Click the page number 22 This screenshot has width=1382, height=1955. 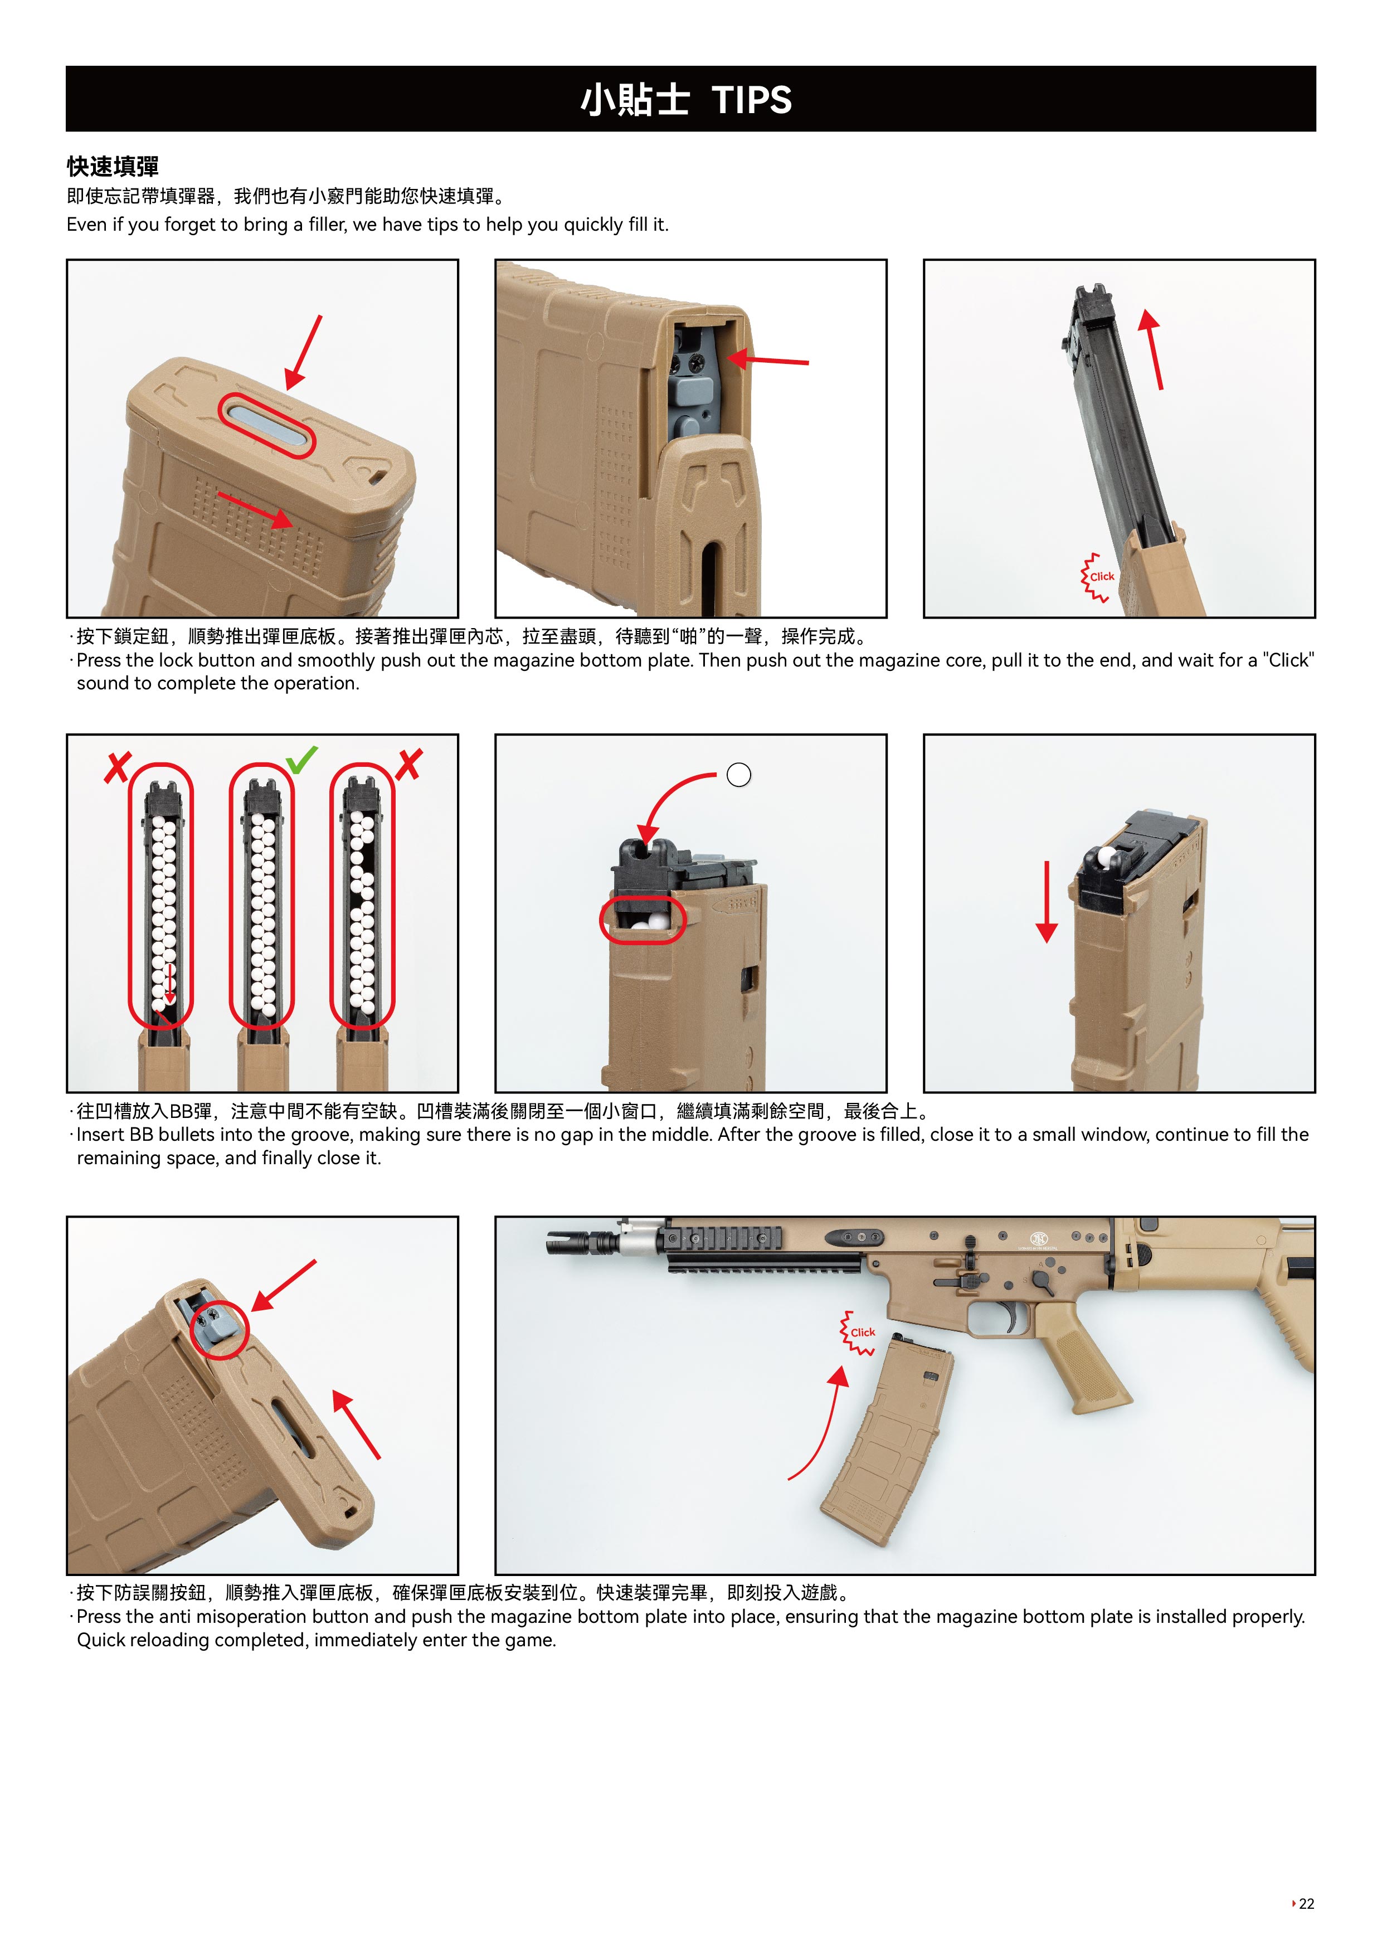[1306, 1903]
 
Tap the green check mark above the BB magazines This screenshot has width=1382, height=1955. [301, 760]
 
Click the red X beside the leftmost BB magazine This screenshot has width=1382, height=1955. [118, 766]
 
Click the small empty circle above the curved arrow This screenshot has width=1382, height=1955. [739, 775]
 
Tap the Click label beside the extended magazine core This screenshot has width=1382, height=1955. [1102, 576]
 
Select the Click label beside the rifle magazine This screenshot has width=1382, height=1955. [863, 1332]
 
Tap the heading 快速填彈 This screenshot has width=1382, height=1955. [113, 166]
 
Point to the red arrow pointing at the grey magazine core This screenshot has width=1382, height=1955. [768, 360]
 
